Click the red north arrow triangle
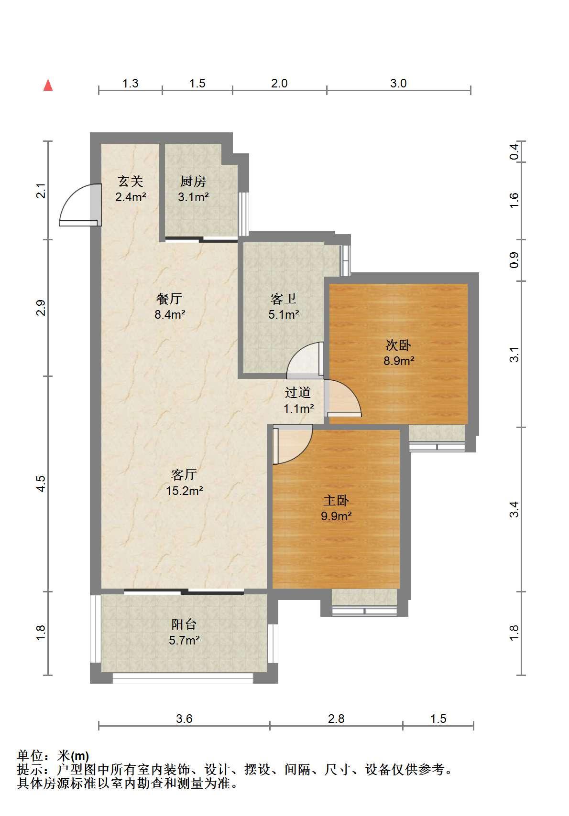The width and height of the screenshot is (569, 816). click(48, 85)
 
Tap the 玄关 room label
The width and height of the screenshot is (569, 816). click(131, 181)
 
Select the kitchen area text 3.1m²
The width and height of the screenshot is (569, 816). click(193, 197)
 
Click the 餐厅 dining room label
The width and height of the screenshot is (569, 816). click(169, 298)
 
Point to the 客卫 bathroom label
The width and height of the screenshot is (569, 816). click(283, 298)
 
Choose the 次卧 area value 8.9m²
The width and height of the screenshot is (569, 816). click(398, 361)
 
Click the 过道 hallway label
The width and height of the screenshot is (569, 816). click(298, 392)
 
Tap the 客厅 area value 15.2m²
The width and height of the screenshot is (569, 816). click(185, 491)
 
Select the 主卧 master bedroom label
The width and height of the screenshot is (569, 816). click(336, 500)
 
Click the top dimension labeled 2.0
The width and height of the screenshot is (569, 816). click(279, 84)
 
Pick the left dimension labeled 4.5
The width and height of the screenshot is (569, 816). click(41, 483)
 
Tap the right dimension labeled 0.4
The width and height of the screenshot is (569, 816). click(514, 151)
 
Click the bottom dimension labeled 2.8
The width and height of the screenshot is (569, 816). click(336, 719)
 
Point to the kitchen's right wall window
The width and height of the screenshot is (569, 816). click(243, 214)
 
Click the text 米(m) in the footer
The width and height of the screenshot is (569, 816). click(73, 756)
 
